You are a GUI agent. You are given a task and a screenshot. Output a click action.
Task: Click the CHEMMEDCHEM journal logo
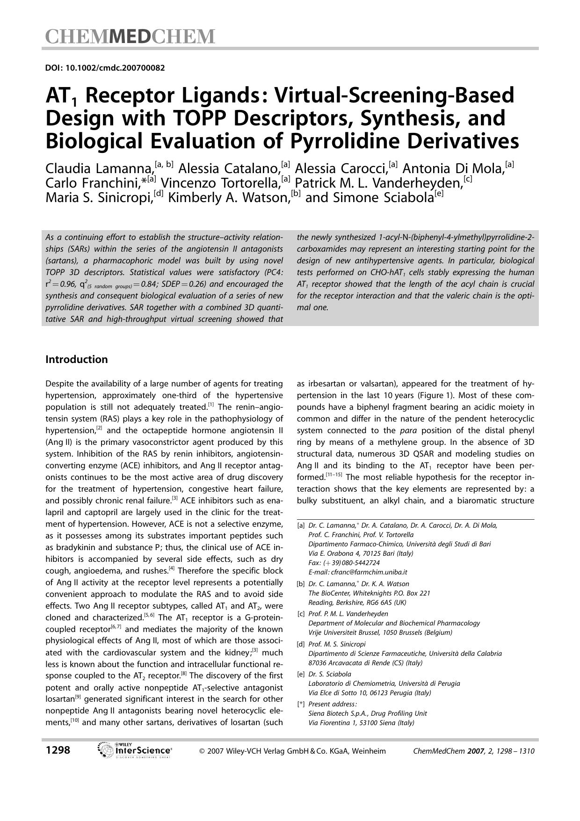tap(130, 36)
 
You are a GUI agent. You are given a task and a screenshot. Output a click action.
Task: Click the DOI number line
tap(105, 68)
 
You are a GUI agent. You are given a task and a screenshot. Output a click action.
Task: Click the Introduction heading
tap(76, 359)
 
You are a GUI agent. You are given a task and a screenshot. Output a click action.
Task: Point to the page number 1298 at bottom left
tap(58, 750)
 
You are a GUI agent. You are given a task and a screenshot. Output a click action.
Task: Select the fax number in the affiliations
tap(344, 562)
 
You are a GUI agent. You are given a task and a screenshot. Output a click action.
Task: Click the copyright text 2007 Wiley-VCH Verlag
tap(292, 751)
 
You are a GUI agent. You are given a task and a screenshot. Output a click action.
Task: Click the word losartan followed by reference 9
tap(60, 699)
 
